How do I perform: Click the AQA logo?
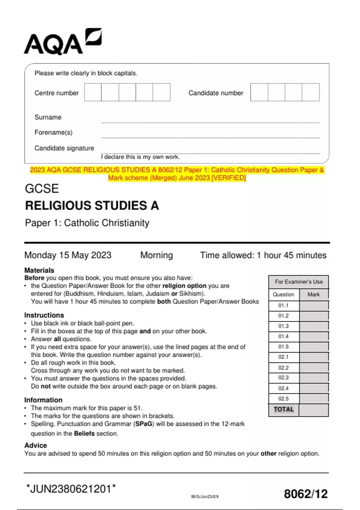(62, 42)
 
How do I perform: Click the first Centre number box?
(93, 92)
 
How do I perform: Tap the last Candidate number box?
(310, 92)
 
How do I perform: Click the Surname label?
(48, 117)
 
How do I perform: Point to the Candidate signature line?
(210, 153)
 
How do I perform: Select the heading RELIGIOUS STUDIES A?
(92, 206)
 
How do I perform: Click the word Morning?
(156, 255)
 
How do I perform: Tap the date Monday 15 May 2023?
(68, 255)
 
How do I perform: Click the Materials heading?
(39, 270)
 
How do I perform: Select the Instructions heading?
(44, 315)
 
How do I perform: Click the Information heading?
(43, 400)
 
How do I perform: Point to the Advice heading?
(35, 445)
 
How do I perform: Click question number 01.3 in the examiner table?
(283, 326)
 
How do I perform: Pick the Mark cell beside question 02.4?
(313, 388)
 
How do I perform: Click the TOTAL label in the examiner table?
(283, 409)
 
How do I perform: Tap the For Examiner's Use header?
(299, 282)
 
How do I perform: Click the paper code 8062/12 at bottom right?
(306, 494)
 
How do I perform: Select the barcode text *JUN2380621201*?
(71, 489)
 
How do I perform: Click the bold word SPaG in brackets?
(143, 424)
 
